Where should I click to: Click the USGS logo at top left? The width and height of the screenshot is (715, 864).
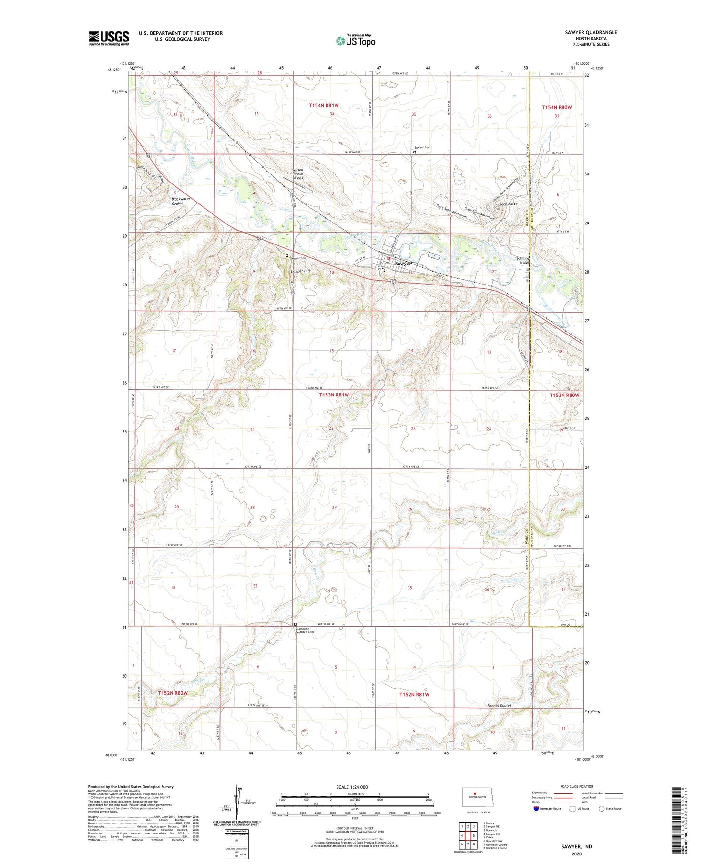coord(109,38)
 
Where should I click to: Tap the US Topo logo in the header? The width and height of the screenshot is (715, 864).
coord(355,41)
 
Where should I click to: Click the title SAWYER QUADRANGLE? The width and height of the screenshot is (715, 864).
coord(591,32)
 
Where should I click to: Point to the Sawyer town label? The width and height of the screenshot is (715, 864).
coord(403,263)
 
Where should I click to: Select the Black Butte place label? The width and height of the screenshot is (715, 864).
coord(507,204)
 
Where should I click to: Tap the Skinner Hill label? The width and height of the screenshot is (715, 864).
coord(300,271)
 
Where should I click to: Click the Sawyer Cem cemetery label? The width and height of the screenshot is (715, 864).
coord(422,147)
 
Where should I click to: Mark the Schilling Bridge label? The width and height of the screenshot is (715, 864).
coord(523,261)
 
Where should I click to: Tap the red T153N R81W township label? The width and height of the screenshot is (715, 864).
coord(334,395)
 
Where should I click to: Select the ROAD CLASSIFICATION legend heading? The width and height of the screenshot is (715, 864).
coord(577,786)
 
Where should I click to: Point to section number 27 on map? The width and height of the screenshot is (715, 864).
coord(334,507)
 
